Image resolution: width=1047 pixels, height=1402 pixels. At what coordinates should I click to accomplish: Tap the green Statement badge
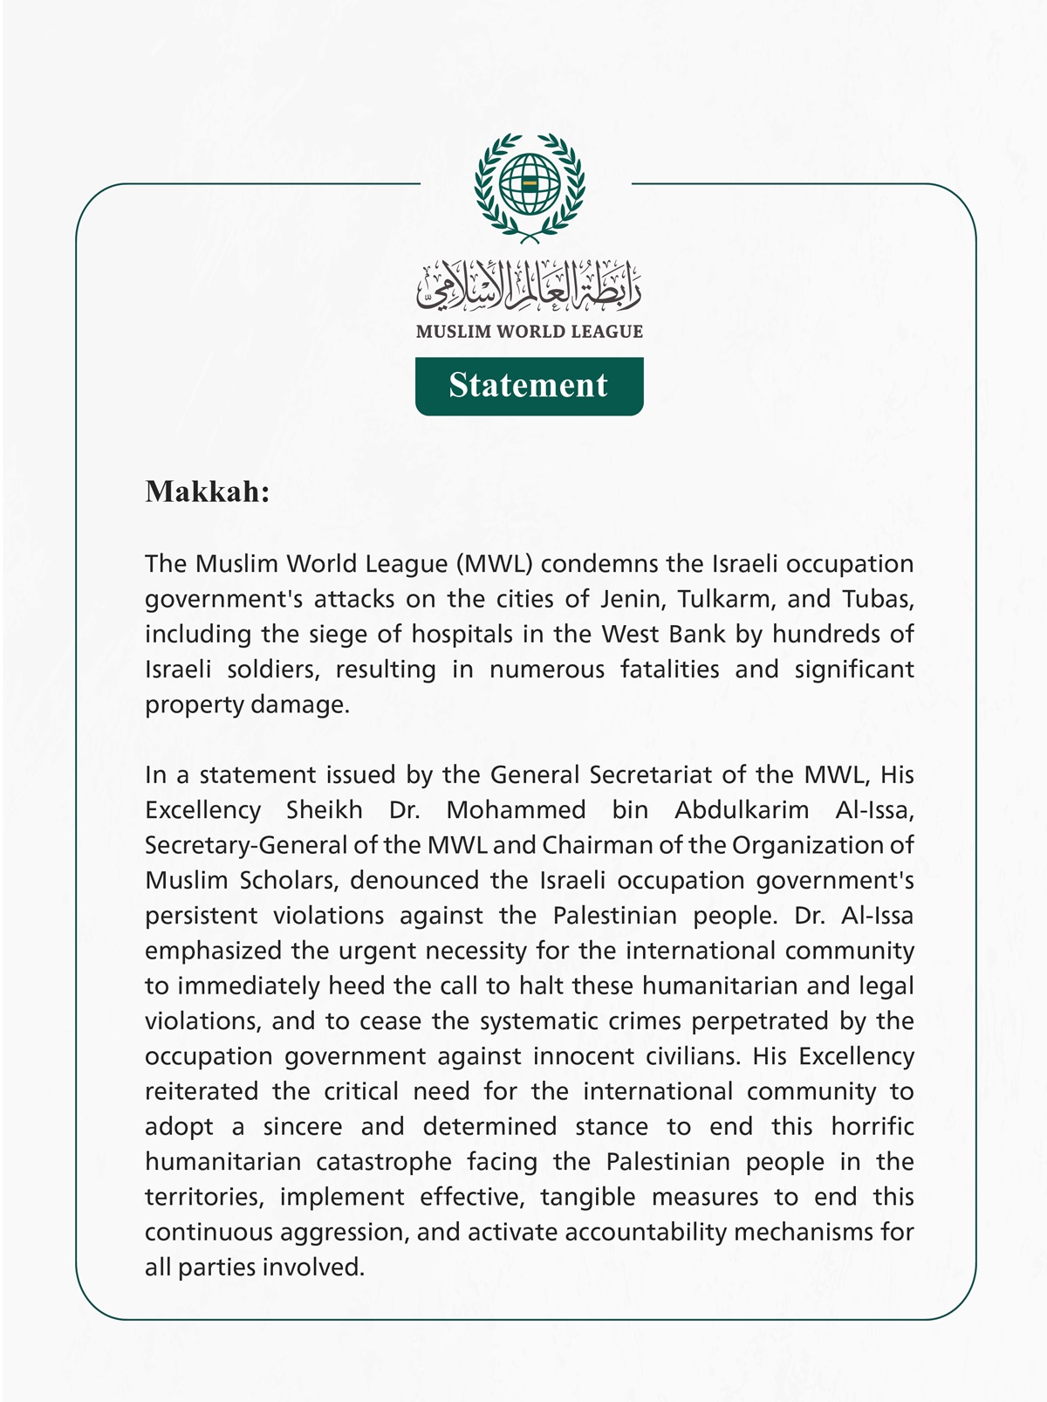[x=529, y=386]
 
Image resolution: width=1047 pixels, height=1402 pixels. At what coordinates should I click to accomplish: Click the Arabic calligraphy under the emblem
[x=529, y=287]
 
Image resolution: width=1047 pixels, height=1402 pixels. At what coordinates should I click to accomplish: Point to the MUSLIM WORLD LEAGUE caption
[x=529, y=332]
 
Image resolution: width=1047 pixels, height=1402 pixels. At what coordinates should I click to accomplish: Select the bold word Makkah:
[x=208, y=491]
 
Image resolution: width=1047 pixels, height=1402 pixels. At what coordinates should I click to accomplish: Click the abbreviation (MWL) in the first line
[x=494, y=564]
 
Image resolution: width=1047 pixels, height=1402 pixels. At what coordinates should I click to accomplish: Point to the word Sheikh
[x=325, y=810]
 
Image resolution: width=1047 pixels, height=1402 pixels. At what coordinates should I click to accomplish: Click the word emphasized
[x=213, y=951]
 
